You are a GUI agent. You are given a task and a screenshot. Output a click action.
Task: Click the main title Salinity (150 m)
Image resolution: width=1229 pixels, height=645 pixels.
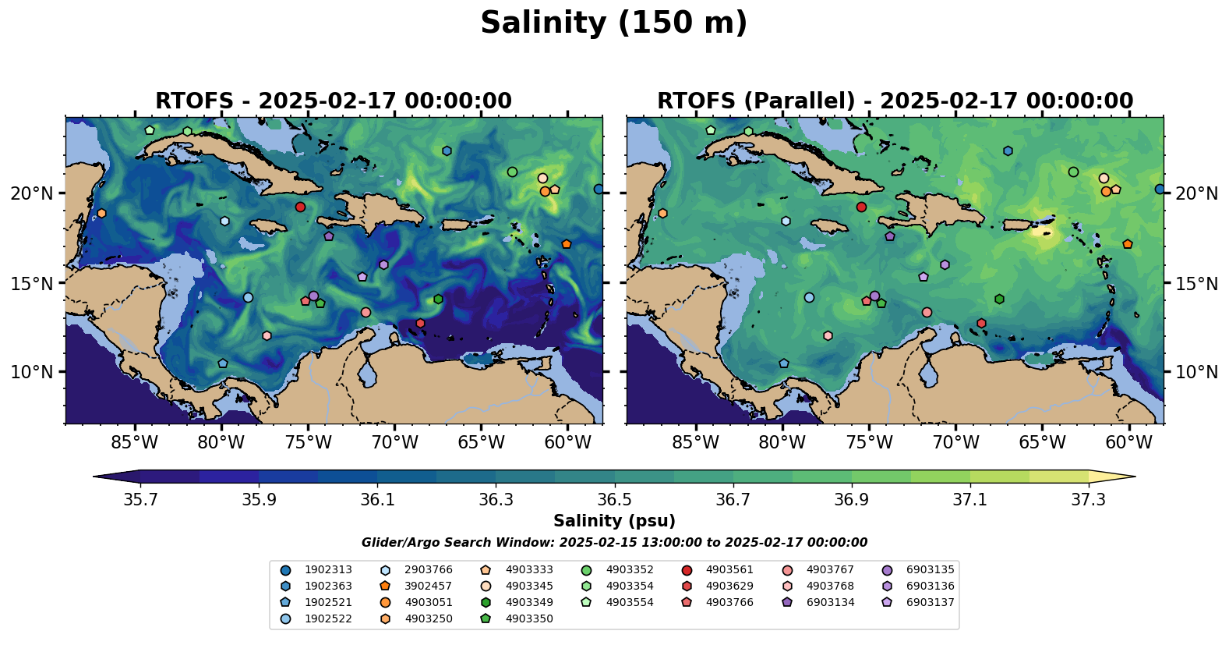[613, 23]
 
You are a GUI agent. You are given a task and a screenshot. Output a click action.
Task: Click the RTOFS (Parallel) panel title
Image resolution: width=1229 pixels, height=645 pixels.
[895, 101]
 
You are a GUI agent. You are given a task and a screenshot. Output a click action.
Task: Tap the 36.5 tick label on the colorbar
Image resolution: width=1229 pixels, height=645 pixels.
[614, 500]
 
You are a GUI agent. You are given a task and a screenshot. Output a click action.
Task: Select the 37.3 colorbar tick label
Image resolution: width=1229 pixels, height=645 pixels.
[1088, 500]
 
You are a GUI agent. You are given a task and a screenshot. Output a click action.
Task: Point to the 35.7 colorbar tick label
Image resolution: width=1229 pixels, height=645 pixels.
[140, 500]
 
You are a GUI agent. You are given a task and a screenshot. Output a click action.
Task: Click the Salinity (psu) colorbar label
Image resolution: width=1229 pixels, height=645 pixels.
[614, 521]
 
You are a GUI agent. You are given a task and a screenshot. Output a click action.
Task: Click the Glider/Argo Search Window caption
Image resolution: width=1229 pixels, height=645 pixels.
[614, 543]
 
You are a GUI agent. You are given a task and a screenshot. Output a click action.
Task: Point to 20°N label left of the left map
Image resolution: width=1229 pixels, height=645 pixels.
[32, 193]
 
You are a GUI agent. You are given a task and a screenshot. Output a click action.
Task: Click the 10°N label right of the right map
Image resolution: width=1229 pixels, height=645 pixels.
[1196, 372]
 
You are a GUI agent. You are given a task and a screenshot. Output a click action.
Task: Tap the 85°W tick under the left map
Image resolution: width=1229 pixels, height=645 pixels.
[135, 443]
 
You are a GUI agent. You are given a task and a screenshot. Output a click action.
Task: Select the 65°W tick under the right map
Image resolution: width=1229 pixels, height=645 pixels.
[1042, 443]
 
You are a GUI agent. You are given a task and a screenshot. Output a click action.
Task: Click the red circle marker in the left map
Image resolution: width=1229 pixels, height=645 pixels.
[300, 207]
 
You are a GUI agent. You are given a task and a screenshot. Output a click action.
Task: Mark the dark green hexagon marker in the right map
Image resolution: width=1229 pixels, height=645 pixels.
[999, 299]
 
